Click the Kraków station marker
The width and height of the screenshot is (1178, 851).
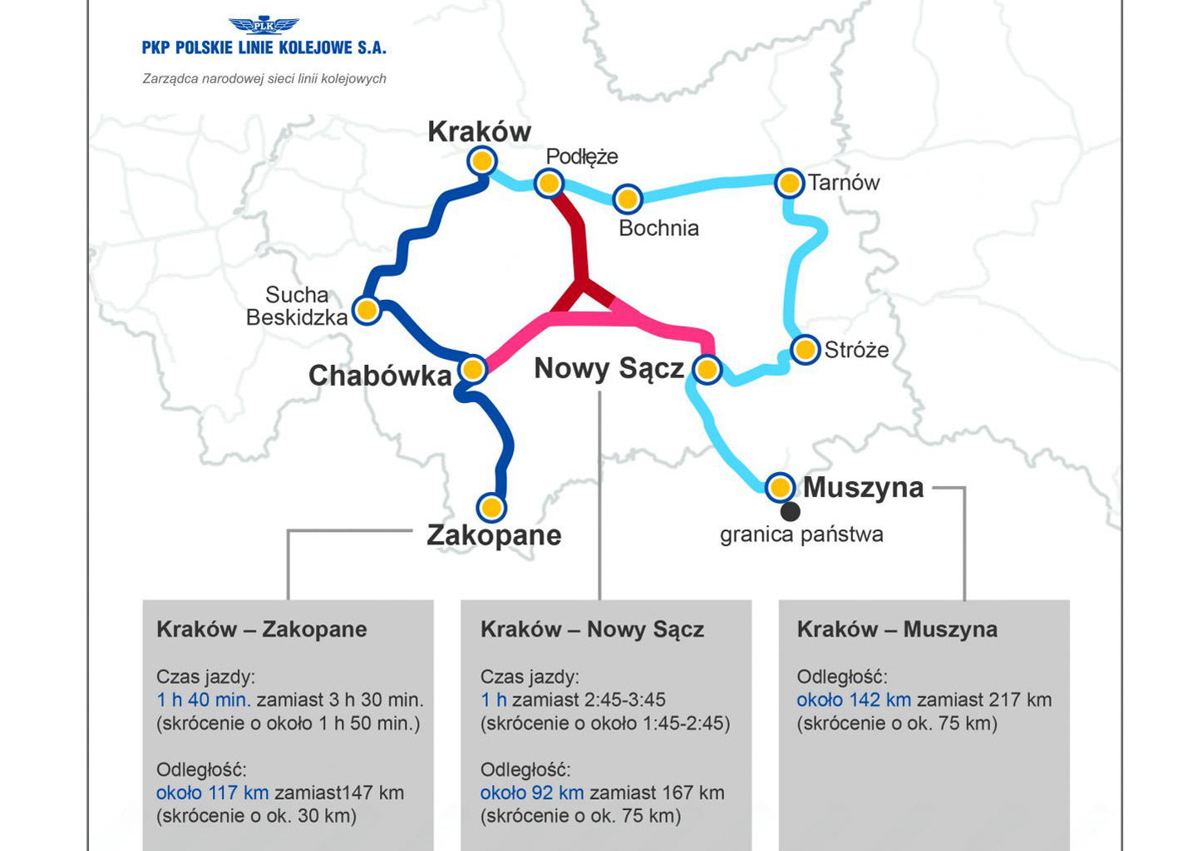[482, 160]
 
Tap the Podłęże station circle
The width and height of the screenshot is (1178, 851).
[549, 183]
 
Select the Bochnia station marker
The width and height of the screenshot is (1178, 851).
[628, 199]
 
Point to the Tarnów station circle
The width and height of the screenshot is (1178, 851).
[789, 183]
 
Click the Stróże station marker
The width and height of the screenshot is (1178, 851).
[805, 350]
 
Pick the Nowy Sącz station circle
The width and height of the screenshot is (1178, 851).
[707, 369]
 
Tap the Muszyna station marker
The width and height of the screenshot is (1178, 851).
[780, 487]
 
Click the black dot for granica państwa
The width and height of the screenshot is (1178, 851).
[790, 511]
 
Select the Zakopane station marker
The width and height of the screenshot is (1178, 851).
[491, 507]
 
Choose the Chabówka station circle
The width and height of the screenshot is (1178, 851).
[472, 369]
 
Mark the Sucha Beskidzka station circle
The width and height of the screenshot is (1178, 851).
[367, 310]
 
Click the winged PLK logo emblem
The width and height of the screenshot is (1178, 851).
[264, 25]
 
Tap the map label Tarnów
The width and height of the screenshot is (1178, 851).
[843, 183]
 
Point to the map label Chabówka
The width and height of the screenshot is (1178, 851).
[380, 376]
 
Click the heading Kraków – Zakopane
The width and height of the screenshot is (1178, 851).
[262, 629]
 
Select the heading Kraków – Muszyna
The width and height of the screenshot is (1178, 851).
[897, 629]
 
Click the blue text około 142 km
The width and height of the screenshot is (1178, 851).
[854, 700]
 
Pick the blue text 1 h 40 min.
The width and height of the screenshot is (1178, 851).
[204, 700]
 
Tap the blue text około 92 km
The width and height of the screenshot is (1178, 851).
[532, 793]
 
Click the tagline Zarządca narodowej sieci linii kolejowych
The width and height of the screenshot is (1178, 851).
[264, 79]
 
